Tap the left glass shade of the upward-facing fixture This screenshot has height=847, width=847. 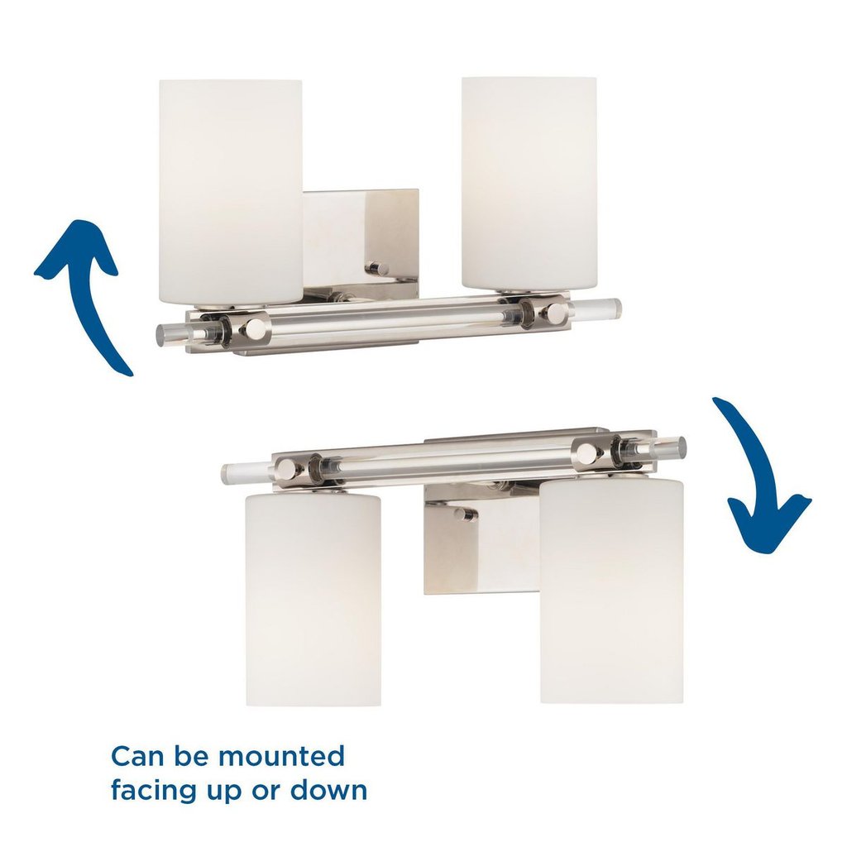231,192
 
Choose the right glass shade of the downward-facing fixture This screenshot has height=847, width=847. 611,591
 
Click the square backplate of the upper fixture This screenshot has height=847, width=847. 361,243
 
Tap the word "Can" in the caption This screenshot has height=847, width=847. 138,756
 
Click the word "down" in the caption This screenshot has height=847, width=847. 329,790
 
